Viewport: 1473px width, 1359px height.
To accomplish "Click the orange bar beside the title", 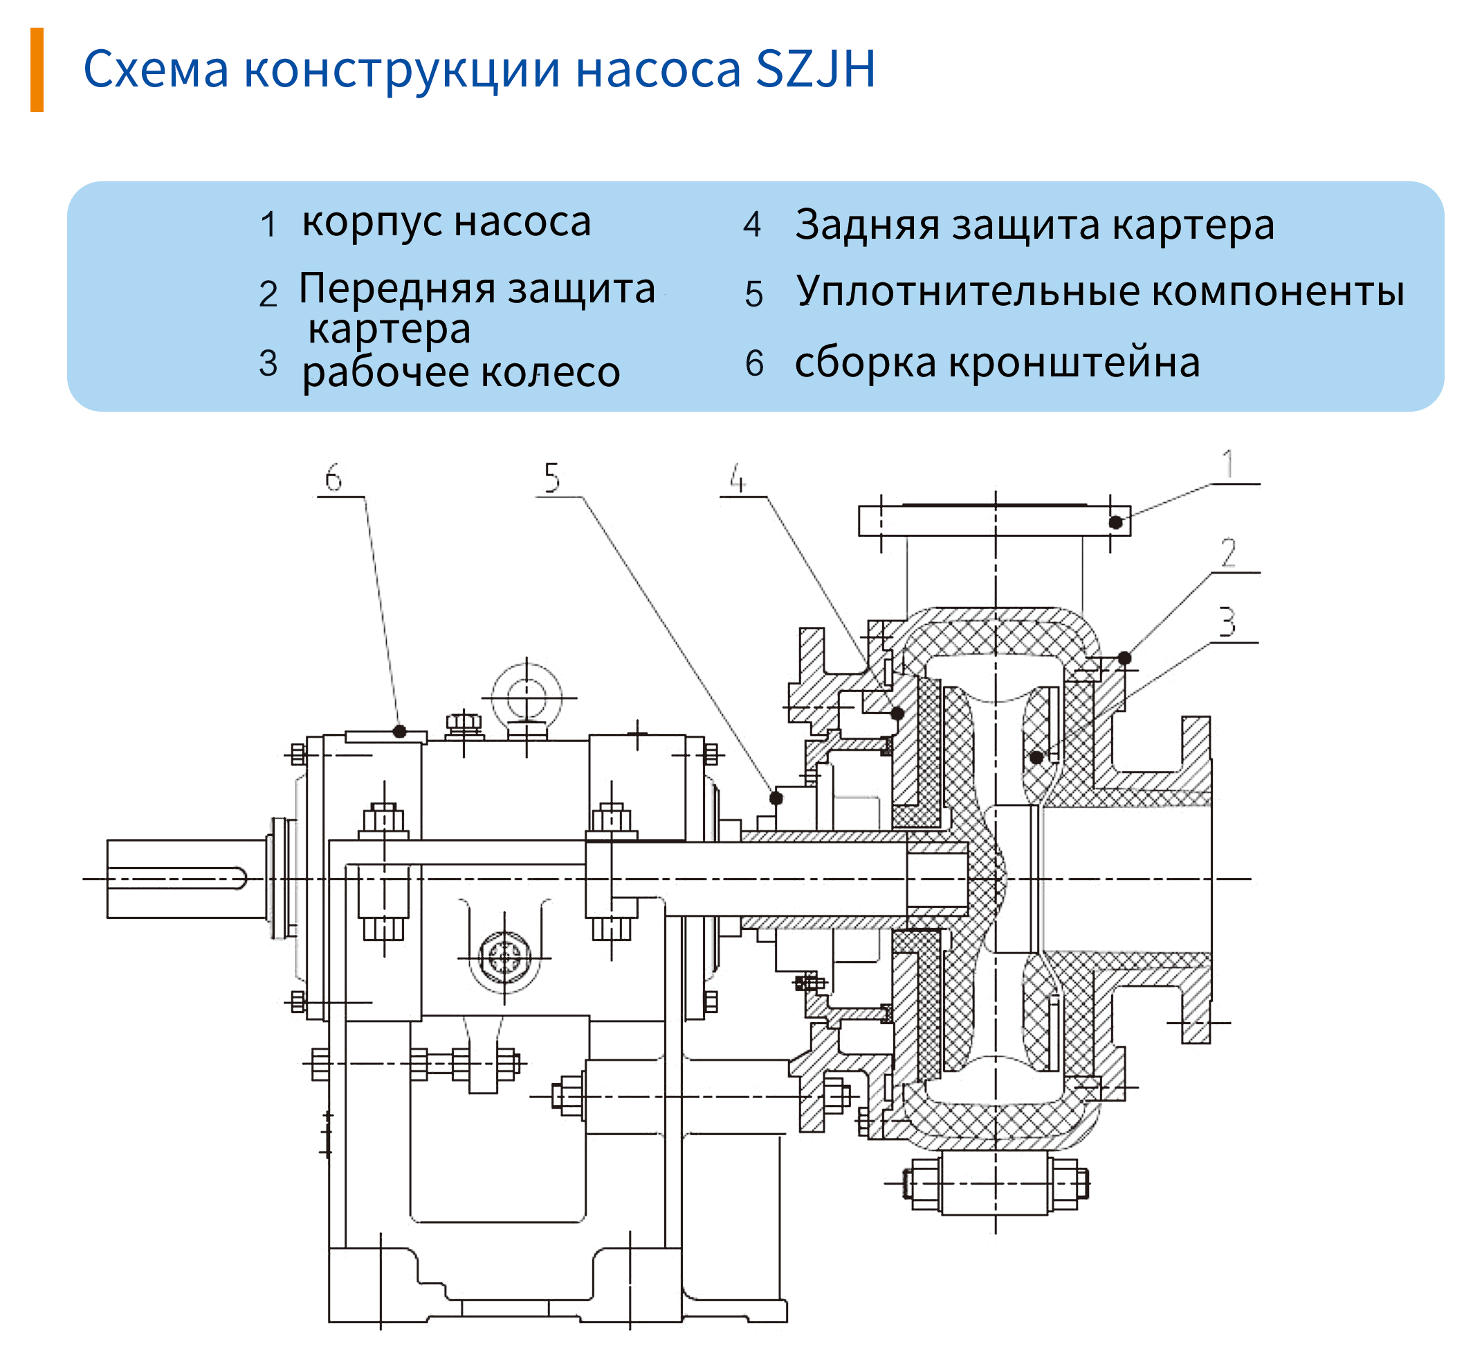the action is [x=37, y=70].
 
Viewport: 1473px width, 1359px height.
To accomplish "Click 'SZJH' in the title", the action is [x=816, y=69].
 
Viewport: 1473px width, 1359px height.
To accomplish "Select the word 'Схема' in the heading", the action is [x=156, y=70].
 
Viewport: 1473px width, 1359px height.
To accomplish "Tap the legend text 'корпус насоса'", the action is [x=446, y=221].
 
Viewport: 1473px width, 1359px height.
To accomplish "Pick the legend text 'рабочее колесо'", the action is [x=461, y=372].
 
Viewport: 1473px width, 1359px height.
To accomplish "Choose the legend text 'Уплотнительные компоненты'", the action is [x=1100, y=291].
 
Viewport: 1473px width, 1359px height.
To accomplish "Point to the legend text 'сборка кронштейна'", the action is [x=997, y=363].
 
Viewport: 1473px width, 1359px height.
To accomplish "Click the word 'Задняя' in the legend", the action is [x=867, y=224].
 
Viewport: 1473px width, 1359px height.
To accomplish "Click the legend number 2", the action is [x=268, y=294].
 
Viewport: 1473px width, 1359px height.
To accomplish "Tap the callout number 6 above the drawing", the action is [x=334, y=478].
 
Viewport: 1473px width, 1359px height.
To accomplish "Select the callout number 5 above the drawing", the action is [x=551, y=478].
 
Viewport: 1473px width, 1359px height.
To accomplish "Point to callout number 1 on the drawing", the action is [x=1227, y=465].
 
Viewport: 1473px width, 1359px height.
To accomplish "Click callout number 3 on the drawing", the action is [x=1227, y=622].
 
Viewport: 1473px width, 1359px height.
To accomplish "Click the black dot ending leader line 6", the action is [x=399, y=731].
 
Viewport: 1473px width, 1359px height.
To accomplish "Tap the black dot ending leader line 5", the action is [x=776, y=797].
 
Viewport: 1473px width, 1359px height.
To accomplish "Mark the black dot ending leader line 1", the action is [x=1115, y=522].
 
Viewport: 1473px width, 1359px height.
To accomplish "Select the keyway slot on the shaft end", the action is [x=177, y=879].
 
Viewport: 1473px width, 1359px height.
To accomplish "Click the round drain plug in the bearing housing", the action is [x=504, y=958].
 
